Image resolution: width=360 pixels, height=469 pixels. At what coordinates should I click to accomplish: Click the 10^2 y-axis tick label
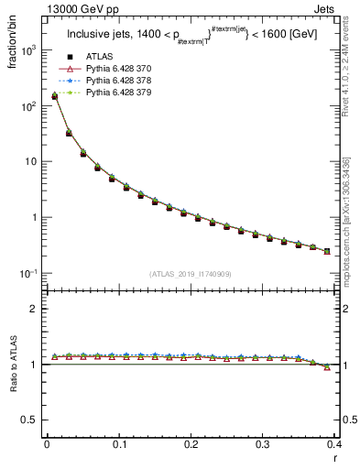pyautogui.click(x=30, y=106)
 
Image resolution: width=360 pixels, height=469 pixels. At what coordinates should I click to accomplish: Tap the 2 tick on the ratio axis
pyautogui.click(x=35, y=309)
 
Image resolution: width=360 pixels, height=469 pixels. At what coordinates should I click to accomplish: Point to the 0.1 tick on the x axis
pyautogui.click(x=118, y=443)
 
